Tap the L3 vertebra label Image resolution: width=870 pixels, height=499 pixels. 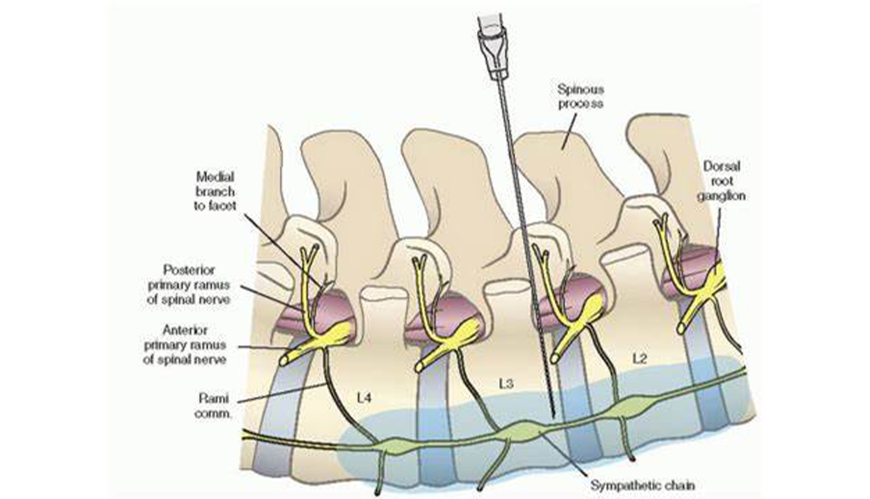[506, 383]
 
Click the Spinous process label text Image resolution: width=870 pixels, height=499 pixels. [581, 96]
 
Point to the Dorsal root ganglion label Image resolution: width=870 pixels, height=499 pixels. [721, 181]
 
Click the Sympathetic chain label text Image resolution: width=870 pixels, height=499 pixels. [642, 485]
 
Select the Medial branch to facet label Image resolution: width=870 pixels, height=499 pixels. [215, 192]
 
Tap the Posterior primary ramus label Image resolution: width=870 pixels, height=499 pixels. [189, 284]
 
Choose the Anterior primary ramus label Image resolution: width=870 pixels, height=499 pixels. [185, 344]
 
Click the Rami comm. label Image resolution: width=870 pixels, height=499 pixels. [213, 405]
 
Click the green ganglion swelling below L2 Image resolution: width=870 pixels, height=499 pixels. [629, 408]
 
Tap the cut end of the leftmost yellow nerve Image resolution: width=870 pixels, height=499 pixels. [284, 361]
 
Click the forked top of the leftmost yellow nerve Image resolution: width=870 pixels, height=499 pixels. [309, 252]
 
